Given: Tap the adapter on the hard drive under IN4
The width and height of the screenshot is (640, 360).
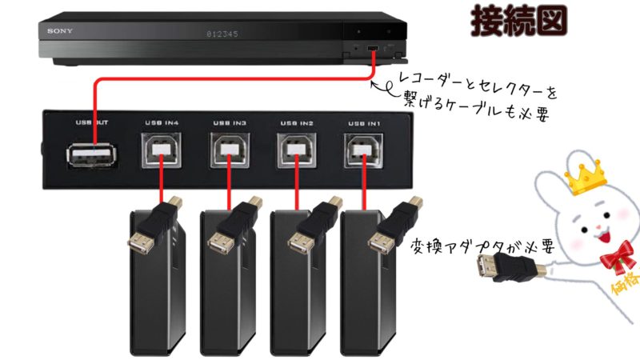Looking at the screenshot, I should click(x=155, y=228).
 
